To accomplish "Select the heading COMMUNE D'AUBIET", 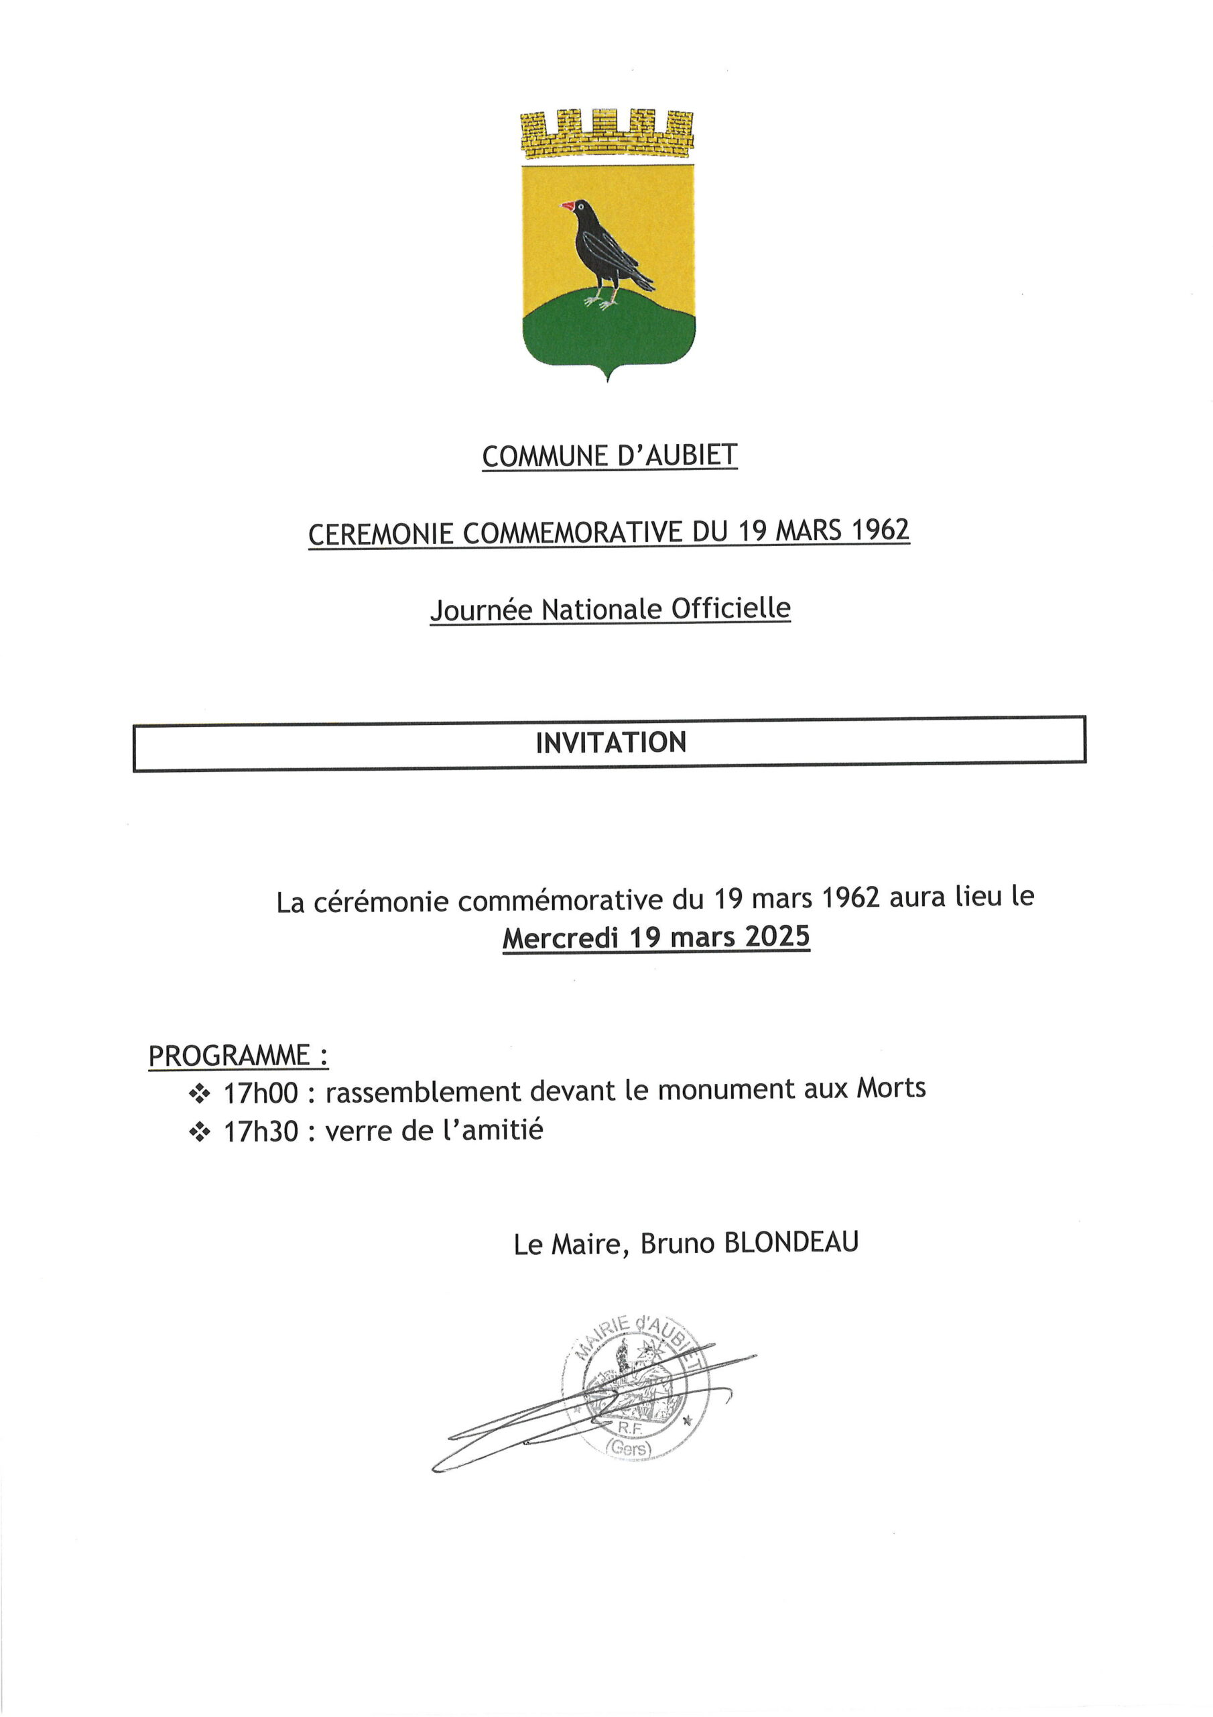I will (x=609, y=455).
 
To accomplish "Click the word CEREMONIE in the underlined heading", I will (x=381, y=534).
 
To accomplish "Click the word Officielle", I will (x=730, y=608).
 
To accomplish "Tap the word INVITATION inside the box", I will (x=611, y=742).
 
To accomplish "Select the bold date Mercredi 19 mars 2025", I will (x=655, y=937).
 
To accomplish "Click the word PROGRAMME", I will (x=229, y=1056).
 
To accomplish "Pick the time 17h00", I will (x=261, y=1093).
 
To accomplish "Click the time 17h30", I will (x=261, y=1131).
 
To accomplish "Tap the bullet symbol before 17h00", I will (x=200, y=1094).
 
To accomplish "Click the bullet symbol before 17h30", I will (x=200, y=1132).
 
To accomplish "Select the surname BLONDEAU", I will (x=791, y=1242).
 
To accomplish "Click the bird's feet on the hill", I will (x=602, y=301).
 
